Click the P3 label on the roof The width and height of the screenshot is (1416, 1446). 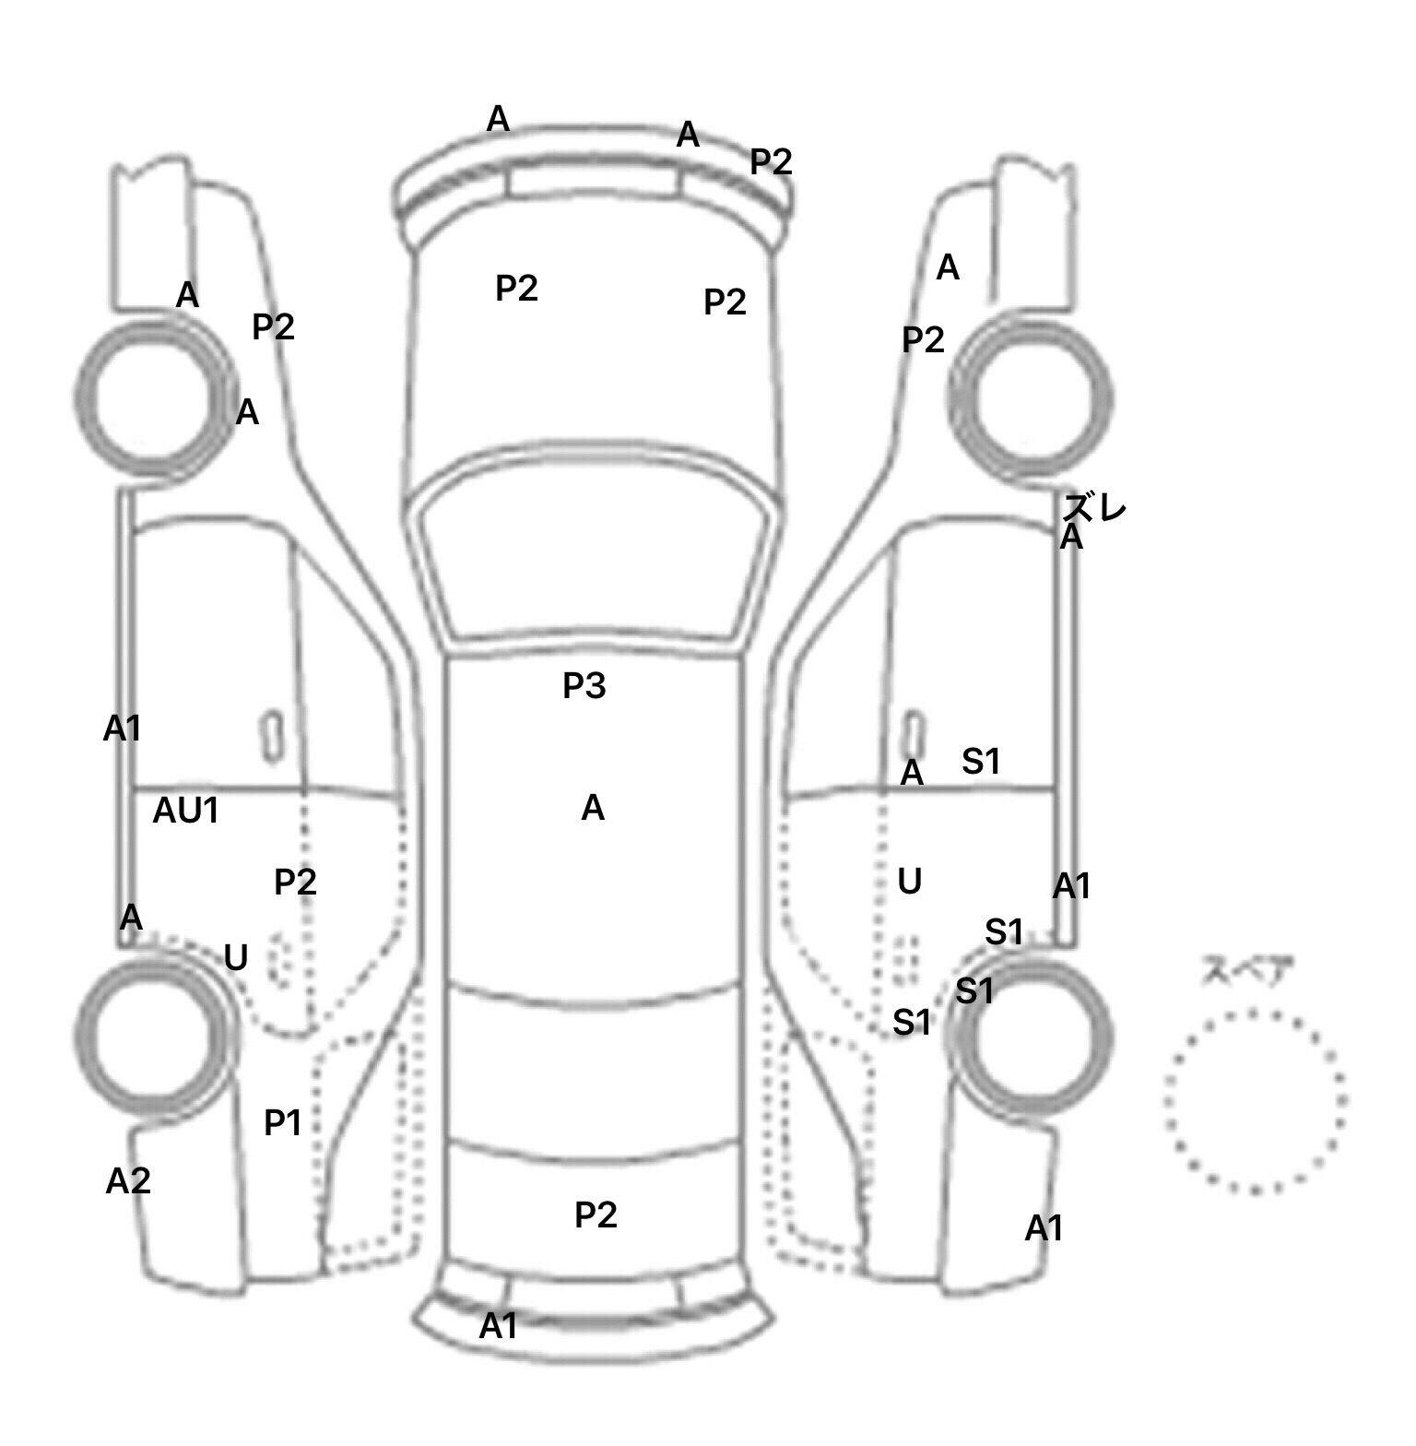click(584, 686)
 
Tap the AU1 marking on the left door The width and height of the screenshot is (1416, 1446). click(185, 811)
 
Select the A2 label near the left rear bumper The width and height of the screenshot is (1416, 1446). click(127, 1181)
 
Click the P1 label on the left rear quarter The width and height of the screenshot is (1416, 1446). click(282, 1123)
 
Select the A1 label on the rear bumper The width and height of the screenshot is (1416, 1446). click(498, 1326)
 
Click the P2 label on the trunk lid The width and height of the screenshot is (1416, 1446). click(595, 1215)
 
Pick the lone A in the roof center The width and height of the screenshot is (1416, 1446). click(593, 809)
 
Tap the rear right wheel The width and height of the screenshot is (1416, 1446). click(1031, 1033)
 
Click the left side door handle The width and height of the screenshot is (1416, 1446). click(272, 737)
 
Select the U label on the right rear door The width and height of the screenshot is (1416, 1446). click(909, 883)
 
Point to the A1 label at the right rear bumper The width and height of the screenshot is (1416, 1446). click(1044, 1228)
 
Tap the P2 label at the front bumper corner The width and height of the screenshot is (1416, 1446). click(770, 162)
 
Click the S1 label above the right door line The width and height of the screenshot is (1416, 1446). click(980, 762)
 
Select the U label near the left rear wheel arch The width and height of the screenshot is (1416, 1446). click(236, 958)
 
